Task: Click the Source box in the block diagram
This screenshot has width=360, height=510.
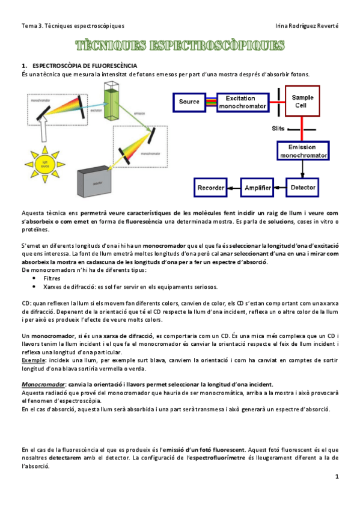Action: click(189, 102)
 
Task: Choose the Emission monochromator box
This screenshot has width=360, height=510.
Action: click(303, 151)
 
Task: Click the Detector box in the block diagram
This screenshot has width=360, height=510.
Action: click(303, 188)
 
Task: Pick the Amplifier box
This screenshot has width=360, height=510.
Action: click(258, 188)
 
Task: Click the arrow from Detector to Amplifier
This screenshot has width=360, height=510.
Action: click(281, 188)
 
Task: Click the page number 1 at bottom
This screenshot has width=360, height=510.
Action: click(337, 476)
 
